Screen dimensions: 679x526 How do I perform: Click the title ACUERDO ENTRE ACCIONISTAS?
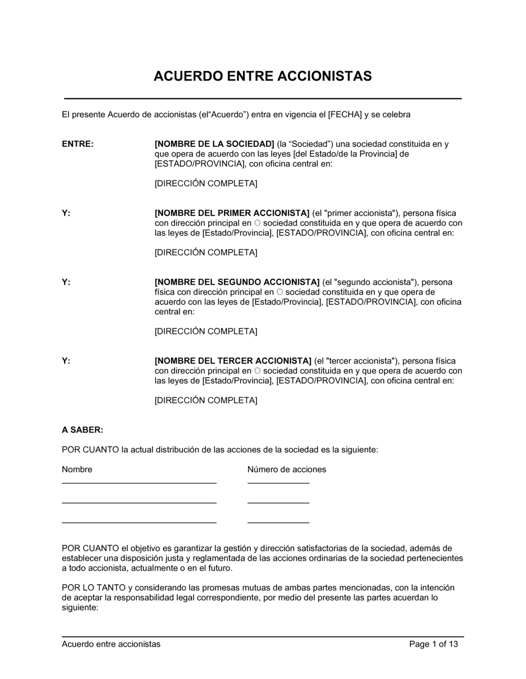[262, 76]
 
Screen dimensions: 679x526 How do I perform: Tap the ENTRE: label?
[78, 144]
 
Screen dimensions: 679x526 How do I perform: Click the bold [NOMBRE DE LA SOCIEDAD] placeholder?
[215, 144]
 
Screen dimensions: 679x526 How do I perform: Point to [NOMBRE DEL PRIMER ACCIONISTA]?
[232, 213]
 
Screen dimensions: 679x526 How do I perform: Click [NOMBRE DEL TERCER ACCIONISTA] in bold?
[233, 361]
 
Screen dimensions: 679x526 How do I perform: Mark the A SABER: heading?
[83, 430]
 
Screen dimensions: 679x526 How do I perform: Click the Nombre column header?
[77, 470]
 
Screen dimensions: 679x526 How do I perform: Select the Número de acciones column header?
[287, 470]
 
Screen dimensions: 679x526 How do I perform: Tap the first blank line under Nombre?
[139, 482]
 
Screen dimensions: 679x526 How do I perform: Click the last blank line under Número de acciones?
[278, 522]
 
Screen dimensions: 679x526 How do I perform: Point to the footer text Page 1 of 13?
[433, 644]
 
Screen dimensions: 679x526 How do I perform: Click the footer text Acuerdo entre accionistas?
[111, 644]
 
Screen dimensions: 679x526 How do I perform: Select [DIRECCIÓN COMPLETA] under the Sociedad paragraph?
[206, 184]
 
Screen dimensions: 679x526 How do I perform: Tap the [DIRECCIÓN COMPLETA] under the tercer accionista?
[206, 401]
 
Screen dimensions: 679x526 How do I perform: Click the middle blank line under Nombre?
[139, 503]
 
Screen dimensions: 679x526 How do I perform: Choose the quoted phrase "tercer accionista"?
[361, 361]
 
